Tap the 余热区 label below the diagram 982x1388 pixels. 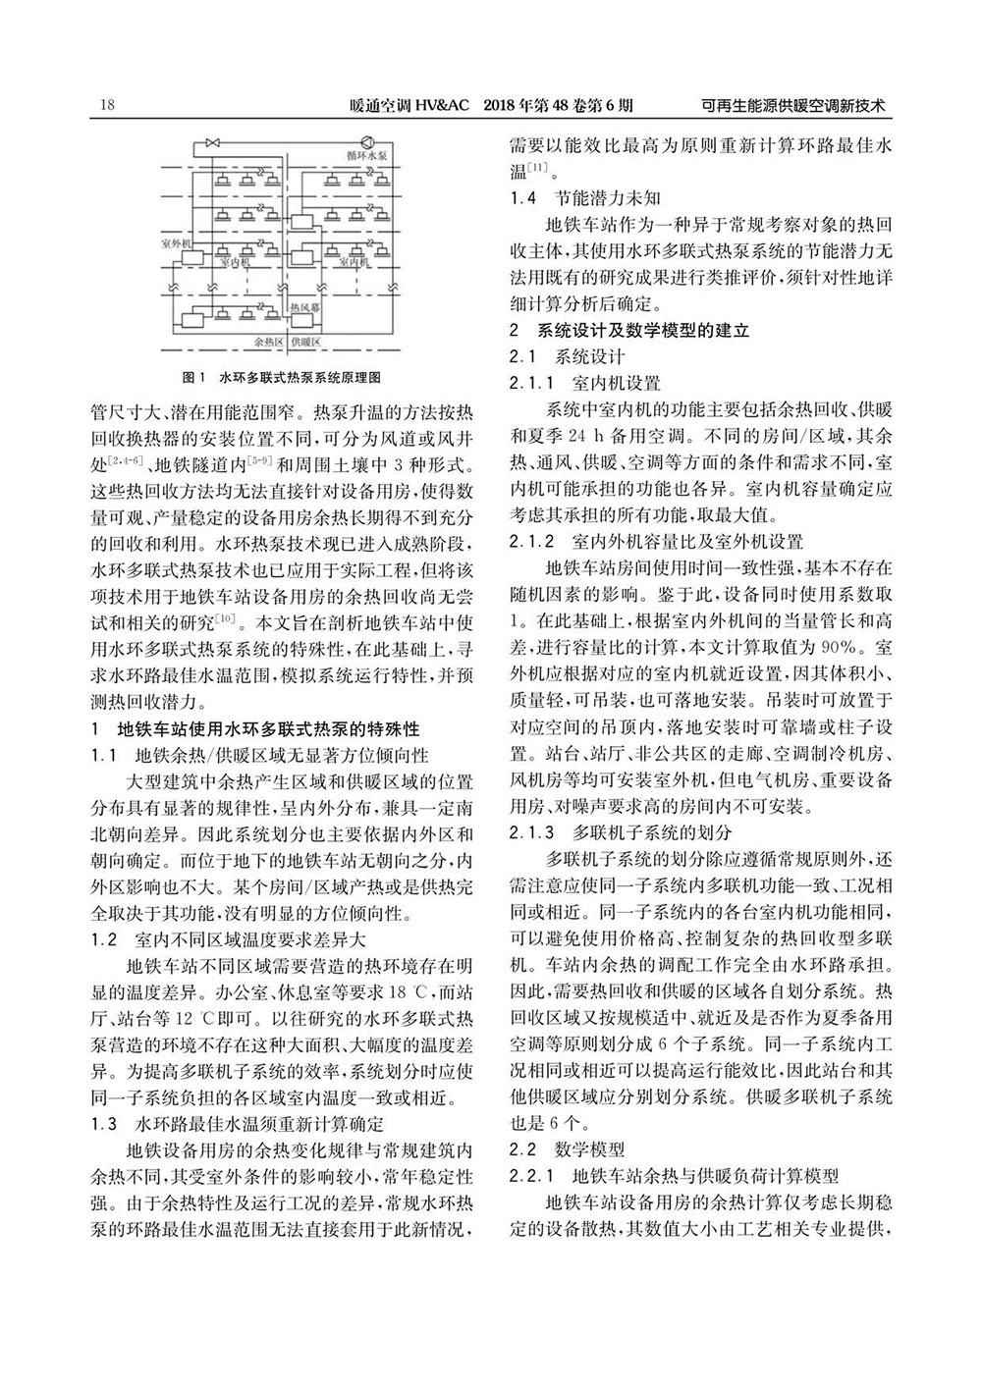[x=268, y=344]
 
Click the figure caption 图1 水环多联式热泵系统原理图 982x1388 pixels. [x=282, y=377]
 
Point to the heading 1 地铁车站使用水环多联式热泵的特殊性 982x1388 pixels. [x=254, y=729]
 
